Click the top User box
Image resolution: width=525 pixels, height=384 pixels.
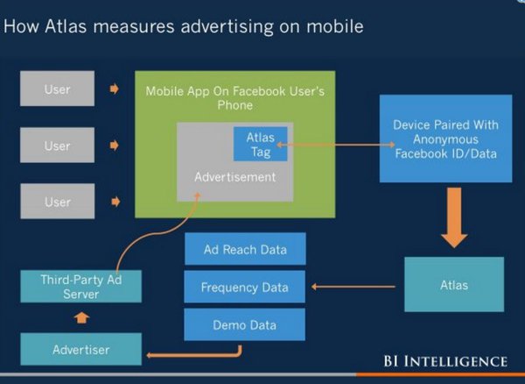coord(57,89)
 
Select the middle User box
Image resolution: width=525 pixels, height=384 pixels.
coord(57,145)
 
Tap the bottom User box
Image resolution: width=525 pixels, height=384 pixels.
coord(57,202)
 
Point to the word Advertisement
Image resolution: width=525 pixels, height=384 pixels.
coord(234,176)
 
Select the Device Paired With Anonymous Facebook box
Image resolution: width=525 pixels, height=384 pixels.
coord(445,138)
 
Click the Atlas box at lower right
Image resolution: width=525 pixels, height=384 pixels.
coord(454,285)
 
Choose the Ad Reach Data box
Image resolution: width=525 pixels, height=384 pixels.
coord(245,249)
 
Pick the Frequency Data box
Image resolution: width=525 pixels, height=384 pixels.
coord(245,287)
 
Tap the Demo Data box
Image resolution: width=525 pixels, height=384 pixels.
coord(245,324)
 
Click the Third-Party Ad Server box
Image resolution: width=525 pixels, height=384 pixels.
coord(80,287)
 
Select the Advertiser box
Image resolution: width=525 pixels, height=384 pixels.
coord(80,349)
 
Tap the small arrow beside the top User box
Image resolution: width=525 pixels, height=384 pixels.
coord(114,89)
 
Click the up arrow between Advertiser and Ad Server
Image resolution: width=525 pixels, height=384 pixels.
coord(81,317)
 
